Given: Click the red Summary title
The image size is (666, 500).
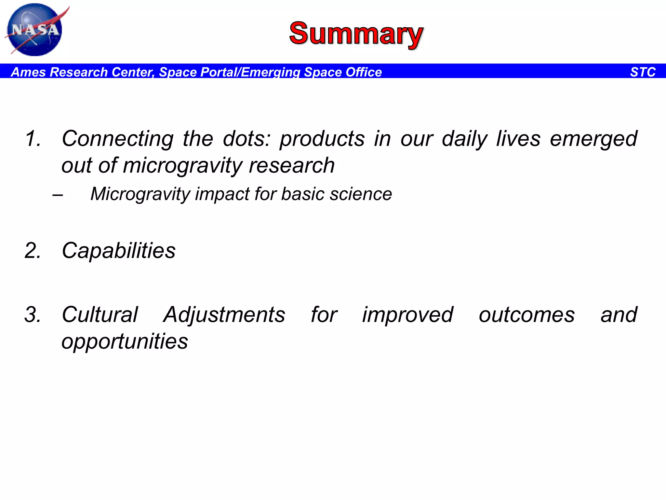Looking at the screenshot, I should [356, 34].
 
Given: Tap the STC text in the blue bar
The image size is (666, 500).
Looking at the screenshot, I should [643, 72].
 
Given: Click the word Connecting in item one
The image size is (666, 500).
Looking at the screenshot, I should [117, 139].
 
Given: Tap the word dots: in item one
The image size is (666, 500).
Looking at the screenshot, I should [246, 139].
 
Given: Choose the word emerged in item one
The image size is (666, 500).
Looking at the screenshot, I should [593, 139].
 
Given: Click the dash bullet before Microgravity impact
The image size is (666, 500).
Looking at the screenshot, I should [58, 195].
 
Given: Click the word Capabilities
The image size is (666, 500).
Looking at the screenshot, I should [119, 251].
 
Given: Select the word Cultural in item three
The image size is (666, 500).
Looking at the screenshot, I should [100, 315].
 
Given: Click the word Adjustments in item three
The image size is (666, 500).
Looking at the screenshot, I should [224, 315].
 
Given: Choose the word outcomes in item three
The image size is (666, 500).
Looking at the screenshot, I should [527, 315].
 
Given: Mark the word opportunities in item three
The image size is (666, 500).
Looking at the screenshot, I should [125, 341].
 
